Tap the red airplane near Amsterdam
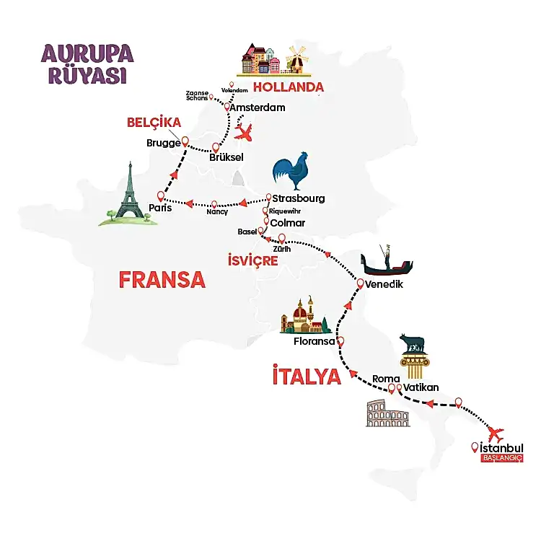pyautogui.click(x=246, y=133)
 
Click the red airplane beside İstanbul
pyautogui.click(x=495, y=434)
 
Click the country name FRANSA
pyautogui.click(x=162, y=280)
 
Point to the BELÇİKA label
pyautogui.click(x=154, y=123)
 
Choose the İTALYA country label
pyautogui.click(x=306, y=376)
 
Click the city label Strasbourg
pyautogui.click(x=299, y=198)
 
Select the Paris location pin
pyautogui.click(x=160, y=195)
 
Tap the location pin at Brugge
pyautogui.click(x=185, y=141)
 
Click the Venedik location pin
pyautogui.click(x=360, y=285)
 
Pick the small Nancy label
pyautogui.click(x=216, y=212)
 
